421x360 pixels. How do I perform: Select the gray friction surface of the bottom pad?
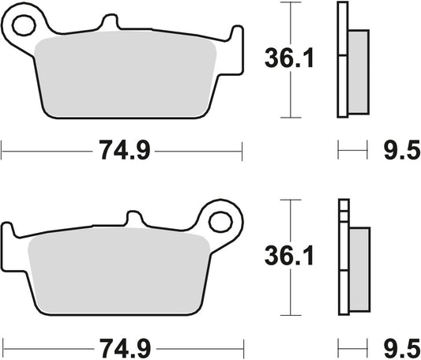point(118,272)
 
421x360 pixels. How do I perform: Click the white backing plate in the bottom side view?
point(342,261)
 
